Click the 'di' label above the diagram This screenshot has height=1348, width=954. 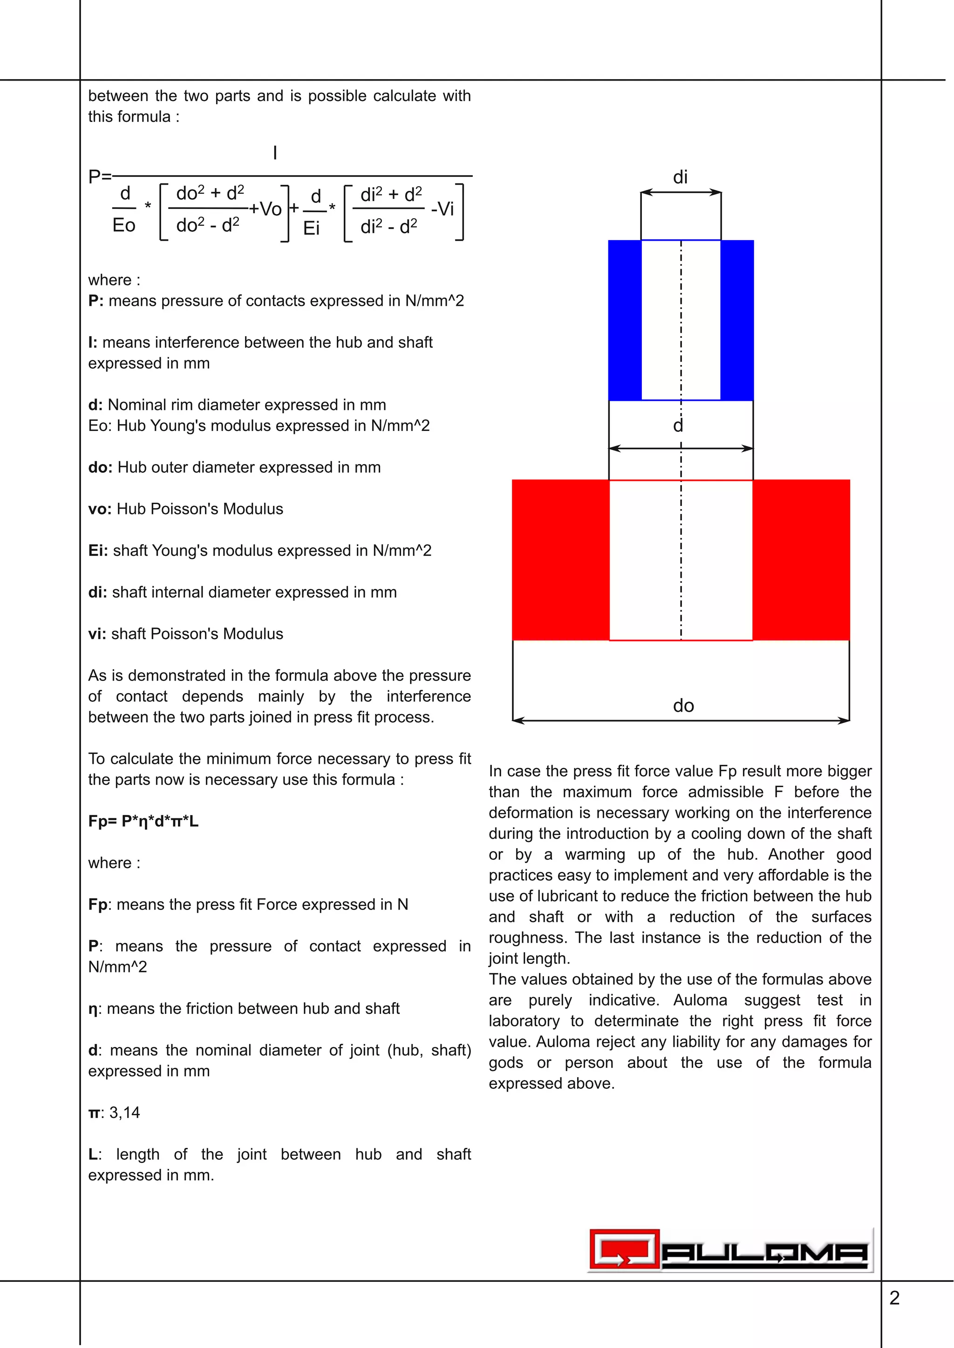coord(680,177)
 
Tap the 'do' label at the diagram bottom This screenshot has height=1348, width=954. coord(683,705)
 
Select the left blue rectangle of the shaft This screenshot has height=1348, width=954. coord(625,320)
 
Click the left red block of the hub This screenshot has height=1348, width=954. coord(560,559)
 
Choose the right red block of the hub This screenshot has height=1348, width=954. coord(801,559)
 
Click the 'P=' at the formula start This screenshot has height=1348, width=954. coord(99,176)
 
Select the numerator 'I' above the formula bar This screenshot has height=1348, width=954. coord(275,153)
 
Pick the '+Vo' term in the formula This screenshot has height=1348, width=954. coord(265,209)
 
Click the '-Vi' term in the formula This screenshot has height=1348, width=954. coord(443,209)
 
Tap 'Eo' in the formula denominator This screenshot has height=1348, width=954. coord(124,225)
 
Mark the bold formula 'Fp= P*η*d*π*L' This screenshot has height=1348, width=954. coord(143,822)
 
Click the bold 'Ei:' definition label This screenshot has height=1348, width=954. coord(97,551)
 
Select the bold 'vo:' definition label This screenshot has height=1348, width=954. coord(99,509)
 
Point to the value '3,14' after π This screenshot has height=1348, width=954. coord(124,1112)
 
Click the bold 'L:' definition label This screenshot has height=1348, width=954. coord(94,1154)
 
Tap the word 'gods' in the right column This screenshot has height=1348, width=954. coord(506,1063)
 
